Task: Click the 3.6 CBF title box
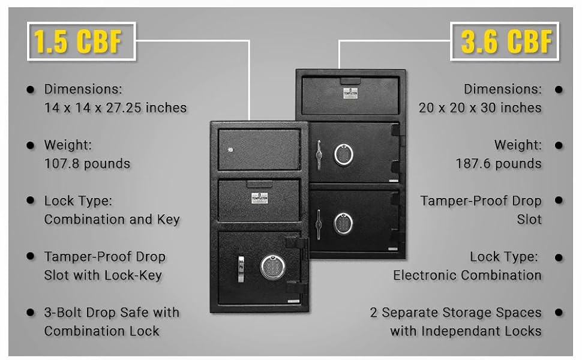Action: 505,41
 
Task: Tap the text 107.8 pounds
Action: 87,163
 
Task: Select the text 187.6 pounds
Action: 499,163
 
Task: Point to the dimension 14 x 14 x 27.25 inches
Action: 115,108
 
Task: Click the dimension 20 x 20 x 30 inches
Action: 480,108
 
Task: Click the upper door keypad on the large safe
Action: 344,154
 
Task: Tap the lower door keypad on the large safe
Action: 344,223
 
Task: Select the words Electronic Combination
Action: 467,275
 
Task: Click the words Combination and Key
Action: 112,220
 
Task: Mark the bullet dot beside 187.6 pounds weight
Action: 559,145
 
